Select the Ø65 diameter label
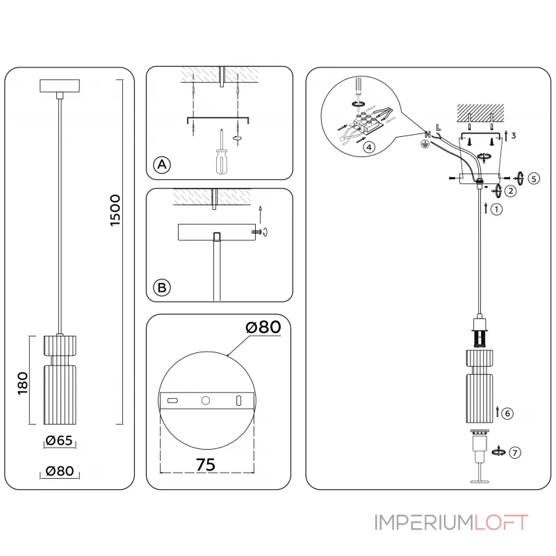(59, 440)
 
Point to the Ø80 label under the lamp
(59, 471)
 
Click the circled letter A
(161, 165)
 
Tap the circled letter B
(161, 286)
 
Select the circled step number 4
(369, 147)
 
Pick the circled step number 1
(496, 208)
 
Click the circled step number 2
(510, 190)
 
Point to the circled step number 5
(533, 178)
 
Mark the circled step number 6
(507, 414)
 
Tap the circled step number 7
(514, 452)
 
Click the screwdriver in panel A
(220, 156)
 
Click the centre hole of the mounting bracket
(205, 400)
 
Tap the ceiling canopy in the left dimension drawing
(61, 86)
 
